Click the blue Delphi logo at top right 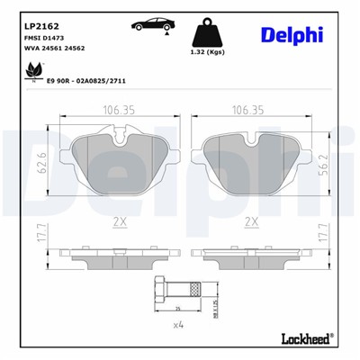click(293, 34)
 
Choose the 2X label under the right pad click(252, 220)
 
